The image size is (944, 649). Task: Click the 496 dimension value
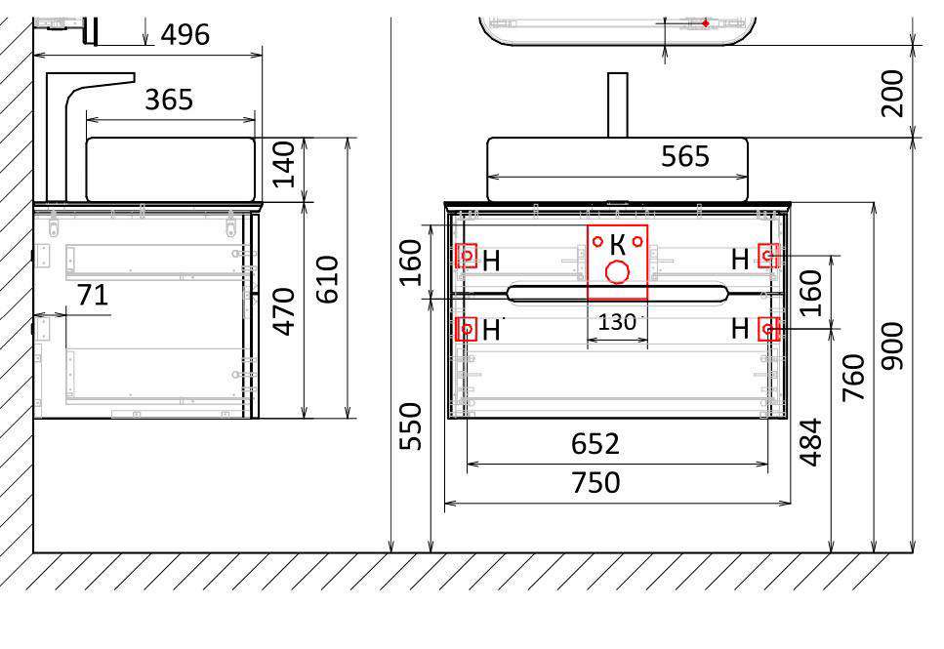[185, 35]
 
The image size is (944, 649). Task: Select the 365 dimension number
[169, 100]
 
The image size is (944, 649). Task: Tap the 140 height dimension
[283, 164]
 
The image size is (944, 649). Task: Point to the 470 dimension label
[283, 311]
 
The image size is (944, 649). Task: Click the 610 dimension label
[328, 279]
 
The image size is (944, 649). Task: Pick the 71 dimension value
[93, 296]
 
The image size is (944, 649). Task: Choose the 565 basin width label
[685, 156]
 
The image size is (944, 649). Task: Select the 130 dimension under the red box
[617, 323]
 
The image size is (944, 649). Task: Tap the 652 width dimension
[595, 444]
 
